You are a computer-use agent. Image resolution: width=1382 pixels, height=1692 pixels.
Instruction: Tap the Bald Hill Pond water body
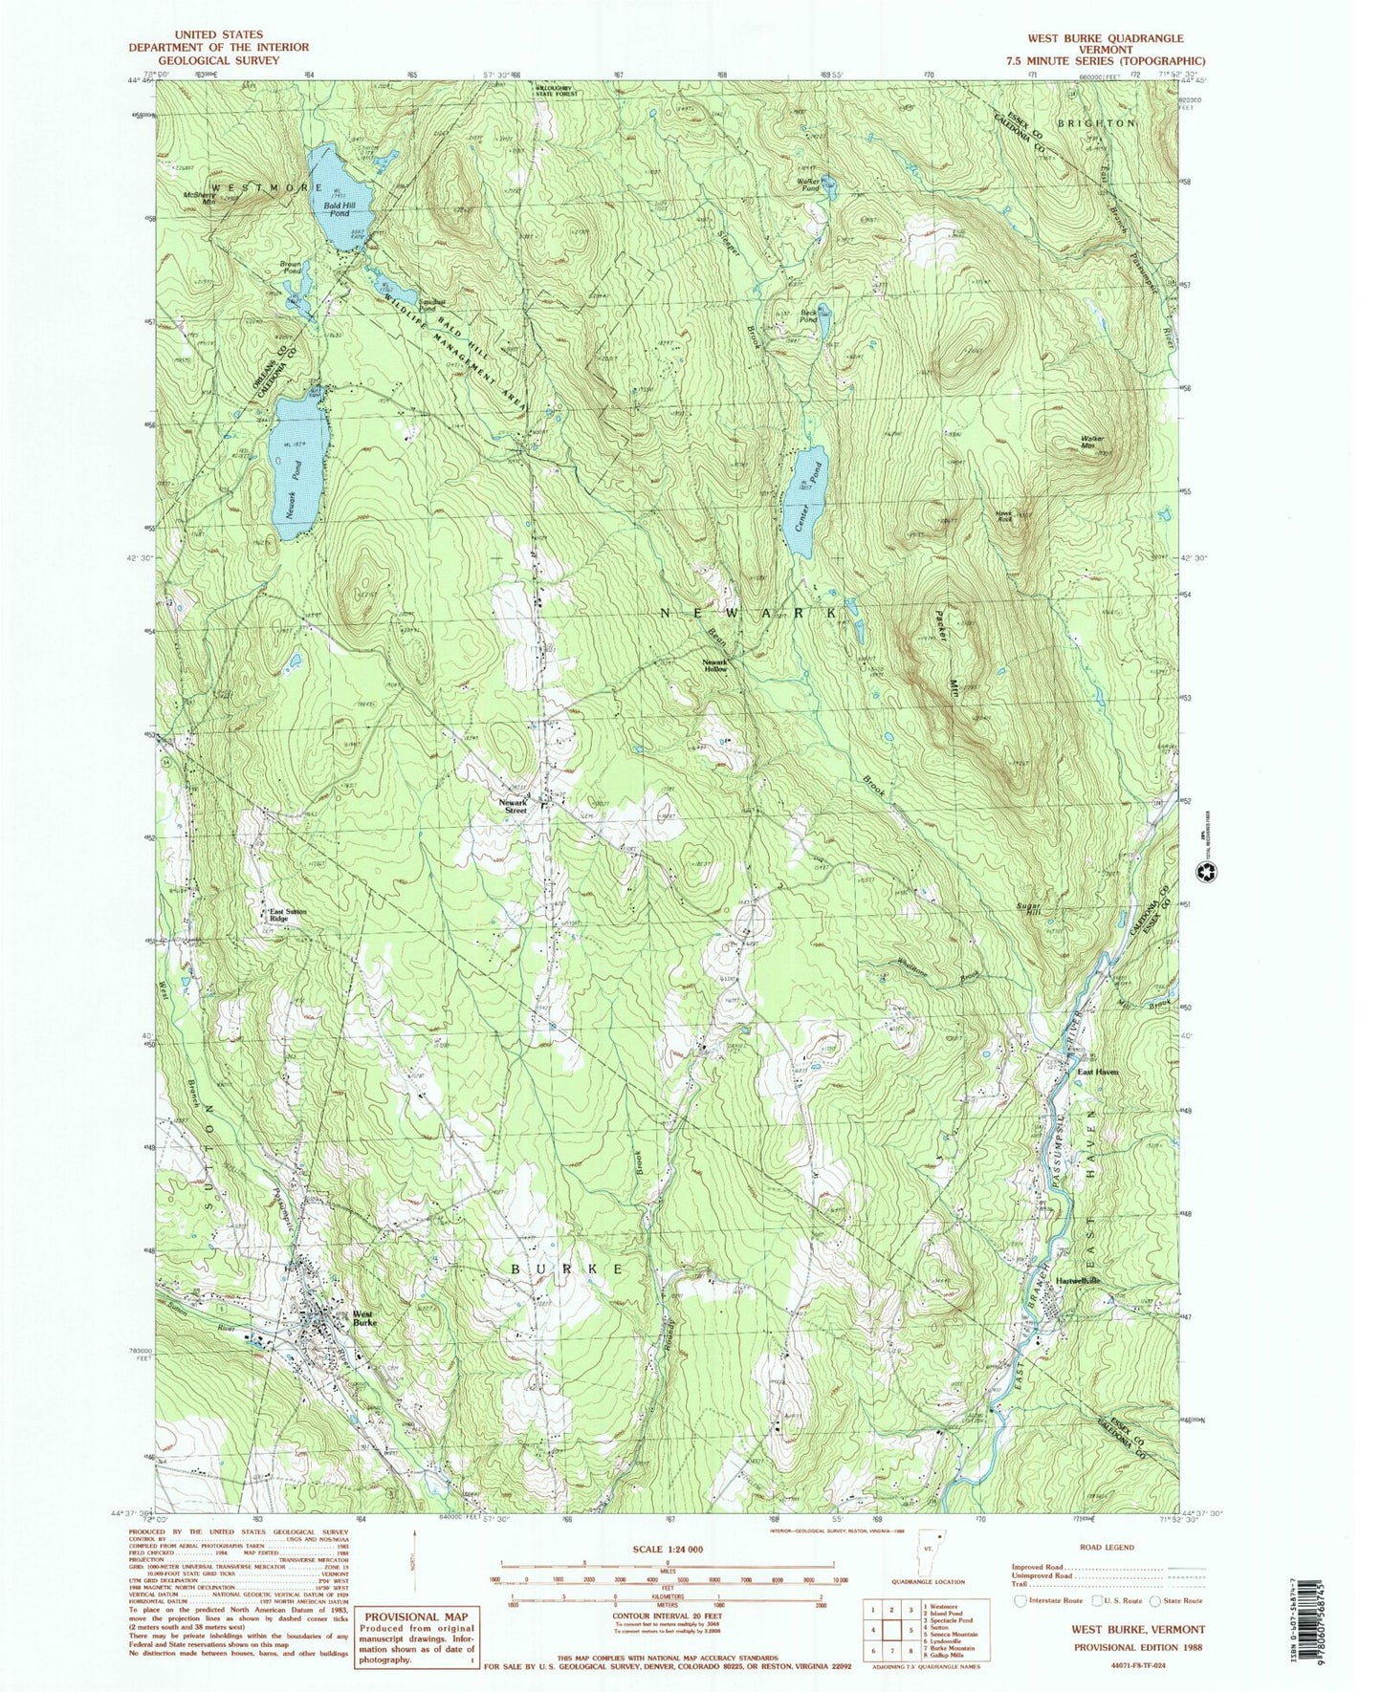click(x=335, y=199)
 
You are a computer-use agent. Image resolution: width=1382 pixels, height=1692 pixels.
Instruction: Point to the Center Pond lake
click(x=806, y=500)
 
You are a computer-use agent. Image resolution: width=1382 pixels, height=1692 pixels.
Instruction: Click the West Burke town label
click(x=364, y=1317)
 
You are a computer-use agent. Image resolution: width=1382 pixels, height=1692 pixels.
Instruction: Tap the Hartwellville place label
click(x=1078, y=1281)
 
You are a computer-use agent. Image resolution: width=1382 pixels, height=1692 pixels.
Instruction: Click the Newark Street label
click(x=514, y=807)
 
